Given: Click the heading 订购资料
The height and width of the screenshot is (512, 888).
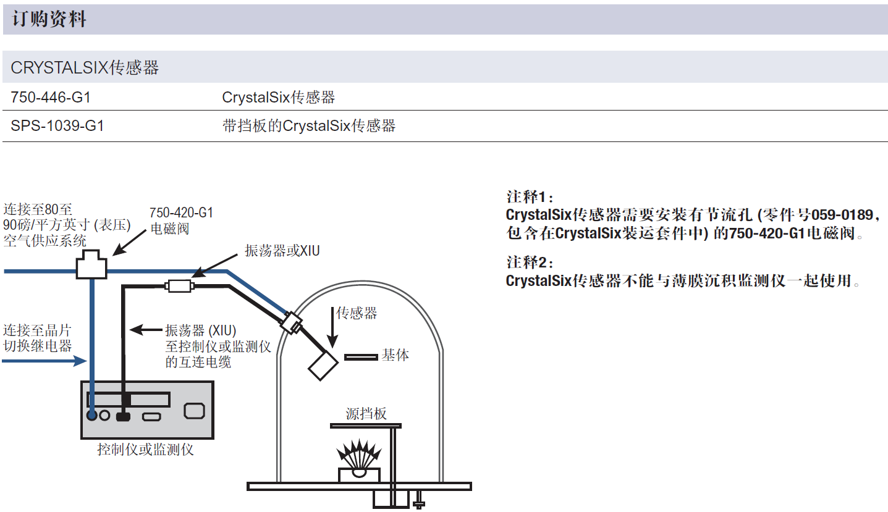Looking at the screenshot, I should coord(49,20).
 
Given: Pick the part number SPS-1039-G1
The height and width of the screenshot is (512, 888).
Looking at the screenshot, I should coord(57,126).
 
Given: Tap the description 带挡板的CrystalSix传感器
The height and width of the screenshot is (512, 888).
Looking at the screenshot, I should coord(308,126).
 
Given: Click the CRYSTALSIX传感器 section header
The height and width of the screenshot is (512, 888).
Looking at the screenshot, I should coord(85,68).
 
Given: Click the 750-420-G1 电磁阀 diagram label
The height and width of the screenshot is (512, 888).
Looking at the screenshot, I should coord(180,220).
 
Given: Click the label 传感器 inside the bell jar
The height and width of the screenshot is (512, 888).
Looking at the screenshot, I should coord(357,313).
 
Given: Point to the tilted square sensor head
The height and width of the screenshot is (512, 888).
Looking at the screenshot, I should coord(323,366).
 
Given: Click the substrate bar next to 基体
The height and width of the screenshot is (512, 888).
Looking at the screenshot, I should coord(361,356).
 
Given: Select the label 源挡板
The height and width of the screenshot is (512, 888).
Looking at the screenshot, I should coord(366,413).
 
